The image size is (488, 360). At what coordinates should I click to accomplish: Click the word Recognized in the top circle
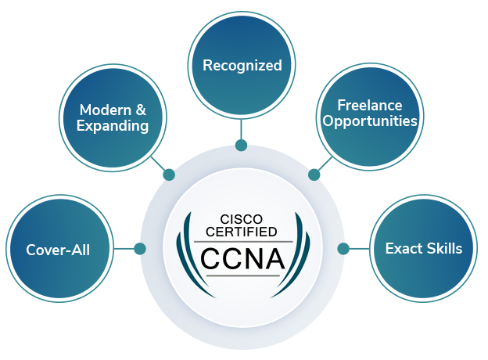[x=242, y=66]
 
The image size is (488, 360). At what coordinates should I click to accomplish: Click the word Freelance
[x=369, y=105]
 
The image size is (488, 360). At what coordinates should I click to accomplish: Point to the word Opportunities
[x=370, y=121]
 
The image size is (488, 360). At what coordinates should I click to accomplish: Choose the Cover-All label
[x=58, y=250]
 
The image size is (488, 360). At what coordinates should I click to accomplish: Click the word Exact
[x=403, y=249]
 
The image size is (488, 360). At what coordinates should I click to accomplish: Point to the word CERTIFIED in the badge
[x=241, y=232]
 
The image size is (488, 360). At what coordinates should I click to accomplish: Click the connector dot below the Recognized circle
[x=241, y=145]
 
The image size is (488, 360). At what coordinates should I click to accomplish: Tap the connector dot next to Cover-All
[x=140, y=249]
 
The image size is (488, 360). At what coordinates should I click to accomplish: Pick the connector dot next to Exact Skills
[x=343, y=249]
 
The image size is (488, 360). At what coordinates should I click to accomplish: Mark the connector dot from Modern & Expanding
[x=169, y=175]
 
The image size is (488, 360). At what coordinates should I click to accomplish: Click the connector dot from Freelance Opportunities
[x=314, y=175]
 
